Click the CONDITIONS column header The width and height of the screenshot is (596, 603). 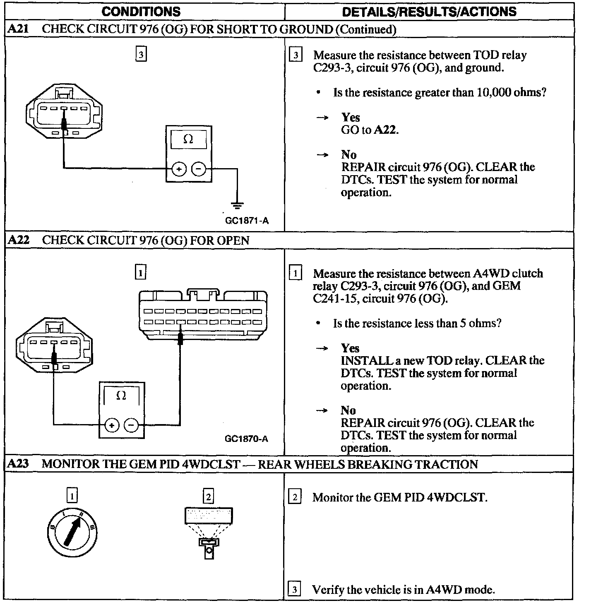pyautogui.click(x=141, y=11)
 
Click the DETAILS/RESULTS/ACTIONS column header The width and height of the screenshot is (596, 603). pyautogui.click(x=429, y=11)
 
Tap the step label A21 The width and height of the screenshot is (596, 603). pyautogui.click(x=18, y=29)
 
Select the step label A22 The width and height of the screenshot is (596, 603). pyautogui.click(x=18, y=240)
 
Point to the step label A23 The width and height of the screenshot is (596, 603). pyautogui.click(x=18, y=464)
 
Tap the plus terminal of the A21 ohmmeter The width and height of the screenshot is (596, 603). pyautogui.click(x=178, y=169)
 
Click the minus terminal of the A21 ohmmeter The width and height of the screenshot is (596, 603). pyautogui.click(x=199, y=169)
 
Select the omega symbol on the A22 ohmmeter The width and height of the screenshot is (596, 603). pyautogui.click(x=121, y=396)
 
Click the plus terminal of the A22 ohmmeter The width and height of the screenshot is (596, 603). pyautogui.click(x=111, y=425)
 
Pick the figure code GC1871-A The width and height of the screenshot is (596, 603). pyautogui.click(x=247, y=221)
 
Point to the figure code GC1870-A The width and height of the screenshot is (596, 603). pyautogui.click(x=246, y=439)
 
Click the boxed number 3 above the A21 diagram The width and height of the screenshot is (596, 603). pyautogui.click(x=141, y=55)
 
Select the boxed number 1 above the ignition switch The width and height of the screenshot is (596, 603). pyautogui.click(x=72, y=496)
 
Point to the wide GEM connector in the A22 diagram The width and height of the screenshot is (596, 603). pyautogui.click(x=203, y=315)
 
